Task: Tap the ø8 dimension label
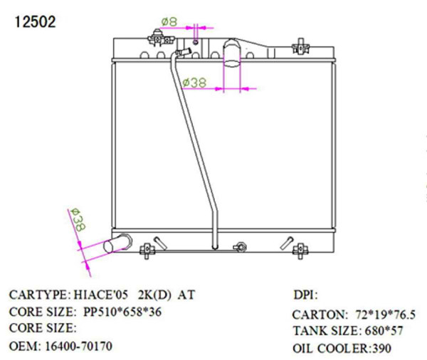tap(169, 22)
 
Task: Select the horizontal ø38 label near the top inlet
tap(195, 83)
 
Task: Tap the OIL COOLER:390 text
tap(342, 349)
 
